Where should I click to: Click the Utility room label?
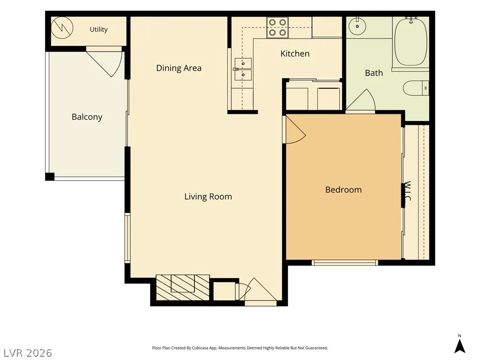98,30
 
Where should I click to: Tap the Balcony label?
87,117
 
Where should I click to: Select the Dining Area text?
179,68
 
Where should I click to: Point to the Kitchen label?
295,53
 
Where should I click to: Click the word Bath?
374,73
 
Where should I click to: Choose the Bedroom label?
344,190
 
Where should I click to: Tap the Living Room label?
208,196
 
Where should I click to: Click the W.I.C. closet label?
407,191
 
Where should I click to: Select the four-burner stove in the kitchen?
277,28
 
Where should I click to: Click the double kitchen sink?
243,69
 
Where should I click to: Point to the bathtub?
411,42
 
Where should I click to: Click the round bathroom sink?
357,26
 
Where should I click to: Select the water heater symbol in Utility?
62,28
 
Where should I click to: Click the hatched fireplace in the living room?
183,287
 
